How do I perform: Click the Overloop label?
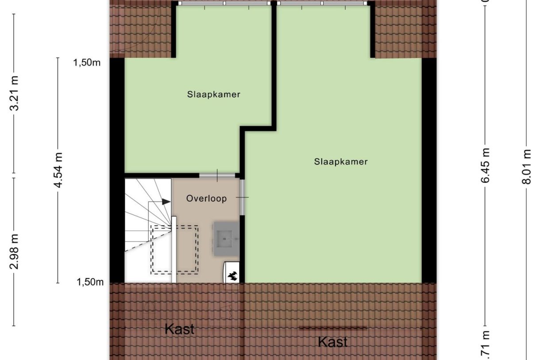(206, 198)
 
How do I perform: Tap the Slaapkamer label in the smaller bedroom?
(213, 94)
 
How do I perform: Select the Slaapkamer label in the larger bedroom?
(341, 162)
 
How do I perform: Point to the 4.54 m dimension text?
(58, 170)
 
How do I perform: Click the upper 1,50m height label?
(87, 62)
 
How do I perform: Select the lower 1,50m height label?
(90, 282)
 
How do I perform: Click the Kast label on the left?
(179, 329)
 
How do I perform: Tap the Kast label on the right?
(332, 342)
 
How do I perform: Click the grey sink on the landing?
(226, 239)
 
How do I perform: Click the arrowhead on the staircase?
(166, 202)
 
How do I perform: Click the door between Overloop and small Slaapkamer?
(217, 175)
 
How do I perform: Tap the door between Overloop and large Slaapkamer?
(243, 197)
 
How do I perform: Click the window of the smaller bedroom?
(224, 3)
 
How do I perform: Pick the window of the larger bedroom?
(323, 3)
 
